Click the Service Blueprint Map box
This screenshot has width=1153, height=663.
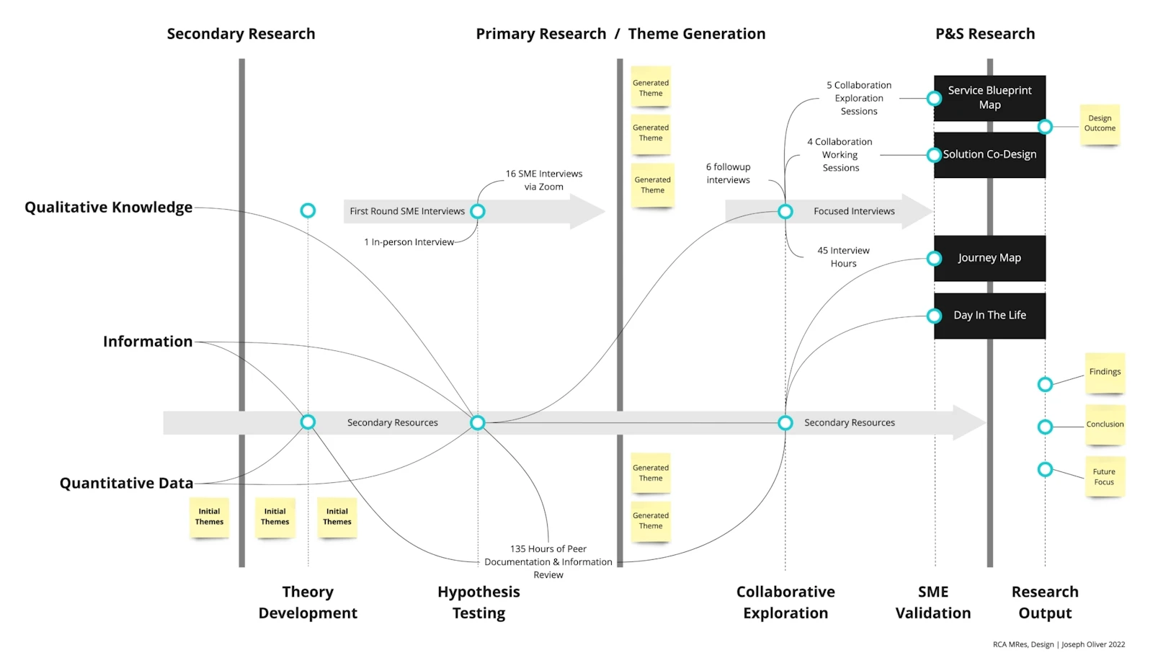pyautogui.click(x=989, y=98)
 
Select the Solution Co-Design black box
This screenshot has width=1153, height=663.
pyautogui.click(x=989, y=155)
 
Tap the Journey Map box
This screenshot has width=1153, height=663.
pyautogui.click(x=989, y=258)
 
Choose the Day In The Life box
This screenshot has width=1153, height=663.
pyautogui.click(x=989, y=316)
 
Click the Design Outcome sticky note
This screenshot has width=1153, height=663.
pyautogui.click(x=1100, y=124)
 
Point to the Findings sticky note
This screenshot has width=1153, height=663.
pyautogui.click(x=1105, y=373)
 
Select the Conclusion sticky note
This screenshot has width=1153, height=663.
pyautogui.click(x=1105, y=424)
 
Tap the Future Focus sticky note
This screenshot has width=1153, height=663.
pyautogui.click(x=1104, y=477)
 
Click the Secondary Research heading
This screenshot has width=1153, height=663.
pyautogui.click(x=241, y=34)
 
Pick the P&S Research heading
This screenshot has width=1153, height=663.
pyautogui.click(x=985, y=34)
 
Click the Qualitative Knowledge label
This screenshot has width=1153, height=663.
pyautogui.click(x=109, y=208)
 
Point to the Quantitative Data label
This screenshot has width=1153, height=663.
pyautogui.click(x=126, y=484)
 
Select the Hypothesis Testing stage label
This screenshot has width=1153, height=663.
pyautogui.click(x=478, y=602)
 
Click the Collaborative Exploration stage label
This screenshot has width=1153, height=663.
pyautogui.click(x=785, y=602)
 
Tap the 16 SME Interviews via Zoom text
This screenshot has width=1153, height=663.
pyautogui.click(x=544, y=180)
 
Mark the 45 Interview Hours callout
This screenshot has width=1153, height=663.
pyautogui.click(x=843, y=257)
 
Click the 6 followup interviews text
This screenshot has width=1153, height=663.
pyautogui.click(x=728, y=174)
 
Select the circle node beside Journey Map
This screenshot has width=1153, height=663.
pyautogui.click(x=934, y=258)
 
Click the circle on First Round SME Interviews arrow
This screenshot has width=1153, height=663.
pyautogui.click(x=477, y=211)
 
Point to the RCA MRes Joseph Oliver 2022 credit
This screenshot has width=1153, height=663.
pyautogui.click(x=1059, y=644)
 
